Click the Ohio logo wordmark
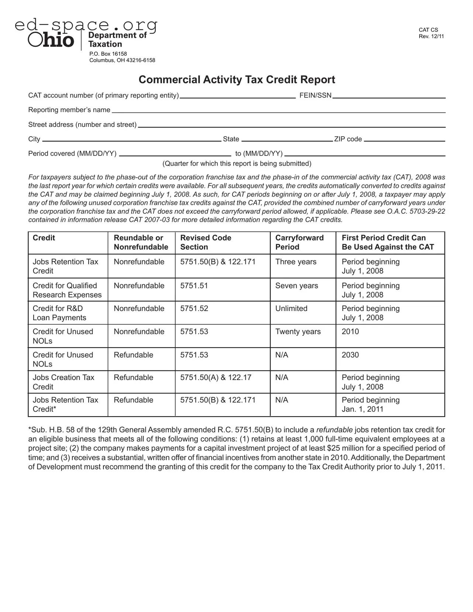(51, 40)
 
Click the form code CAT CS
(428, 30)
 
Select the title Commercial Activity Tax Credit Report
(237, 80)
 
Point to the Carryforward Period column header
(299, 242)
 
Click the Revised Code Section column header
(206, 242)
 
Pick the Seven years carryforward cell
(296, 286)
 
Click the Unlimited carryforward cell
(291, 309)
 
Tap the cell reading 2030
(350, 355)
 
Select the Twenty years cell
(298, 332)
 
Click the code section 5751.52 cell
(194, 309)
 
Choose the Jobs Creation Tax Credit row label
(63, 382)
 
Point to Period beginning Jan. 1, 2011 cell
(370, 405)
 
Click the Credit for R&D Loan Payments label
(59, 313)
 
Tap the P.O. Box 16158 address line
(108, 54)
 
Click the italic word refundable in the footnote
(334, 430)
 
